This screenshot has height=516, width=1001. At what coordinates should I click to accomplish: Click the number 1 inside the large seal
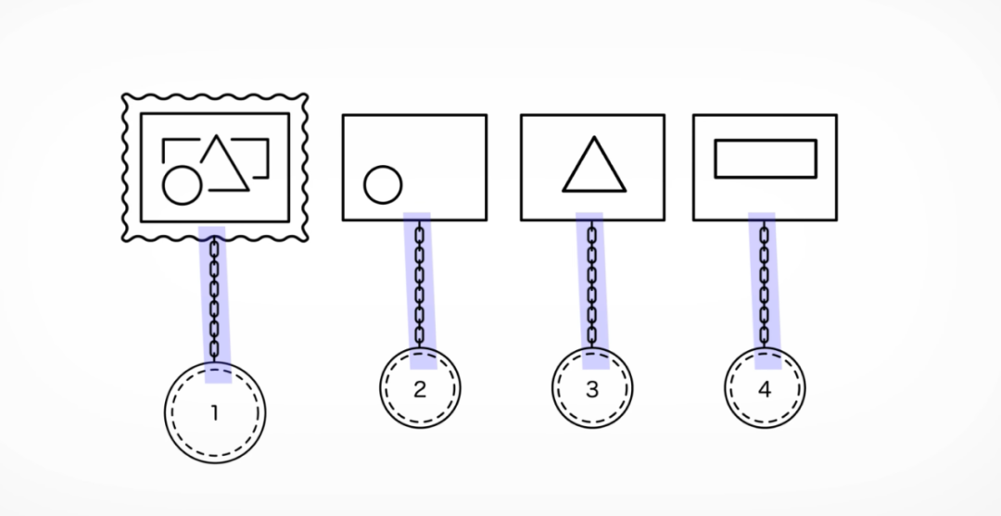(x=214, y=413)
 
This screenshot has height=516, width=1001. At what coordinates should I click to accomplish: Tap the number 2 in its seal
(x=420, y=389)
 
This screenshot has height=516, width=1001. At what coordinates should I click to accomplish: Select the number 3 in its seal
(x=592, y=389)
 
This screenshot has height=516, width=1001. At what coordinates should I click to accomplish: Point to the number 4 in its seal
(x=765, y=389)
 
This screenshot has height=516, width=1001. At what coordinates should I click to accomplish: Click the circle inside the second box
(x=383, y=184)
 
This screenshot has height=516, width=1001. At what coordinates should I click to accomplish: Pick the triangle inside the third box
(x=594, y=169)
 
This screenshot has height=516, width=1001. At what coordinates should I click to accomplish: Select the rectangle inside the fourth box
(x=765, y=157)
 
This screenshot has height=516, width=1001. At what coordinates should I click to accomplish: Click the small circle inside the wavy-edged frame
(x=181, y=185)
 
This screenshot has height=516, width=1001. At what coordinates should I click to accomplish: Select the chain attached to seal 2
(x=419, y=283)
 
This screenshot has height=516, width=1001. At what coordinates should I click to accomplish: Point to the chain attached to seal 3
(x=592, y=283)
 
